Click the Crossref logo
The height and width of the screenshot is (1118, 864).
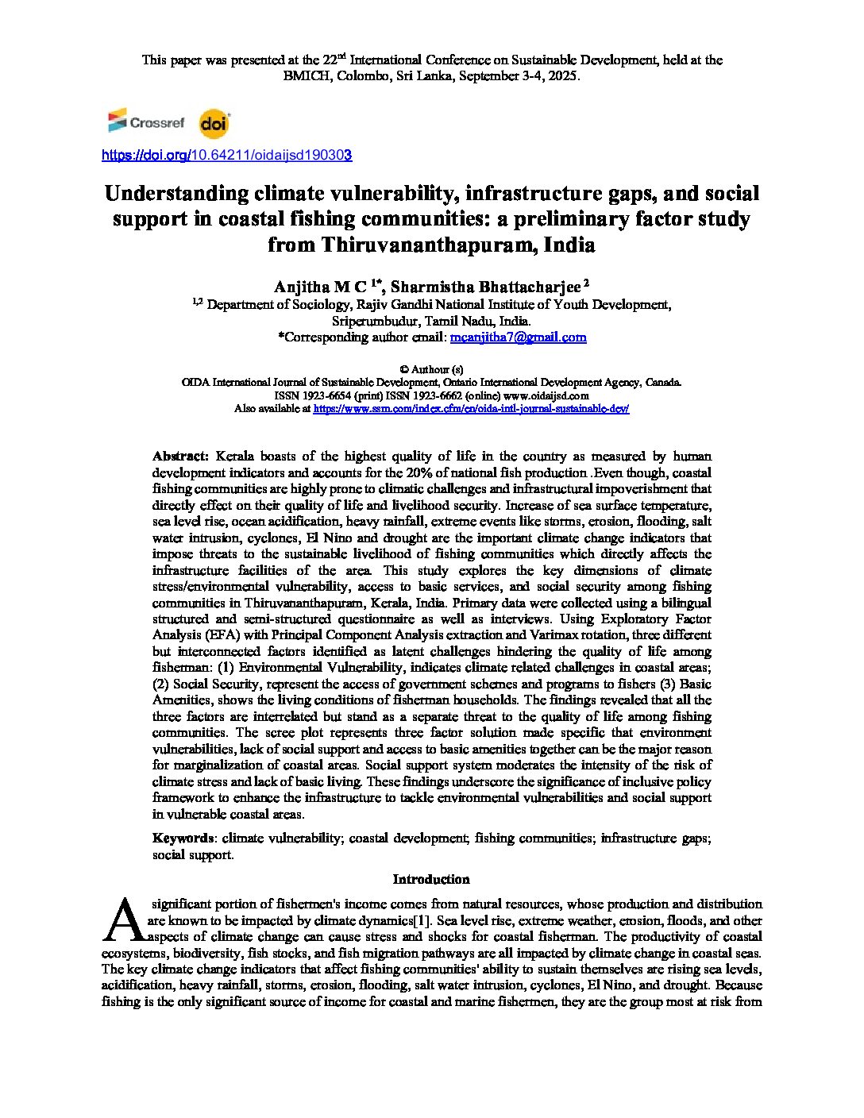point(146,122)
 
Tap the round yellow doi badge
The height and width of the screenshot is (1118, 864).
point(213,123)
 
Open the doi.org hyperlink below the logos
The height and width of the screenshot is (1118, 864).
point(226,156)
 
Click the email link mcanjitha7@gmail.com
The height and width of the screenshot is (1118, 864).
point(518,337)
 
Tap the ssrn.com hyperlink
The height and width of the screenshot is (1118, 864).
point(471,408)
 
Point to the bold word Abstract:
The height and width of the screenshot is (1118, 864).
point(180,457)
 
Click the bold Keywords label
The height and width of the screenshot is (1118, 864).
point(183,838)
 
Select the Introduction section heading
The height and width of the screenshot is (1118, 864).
point(431,879)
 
